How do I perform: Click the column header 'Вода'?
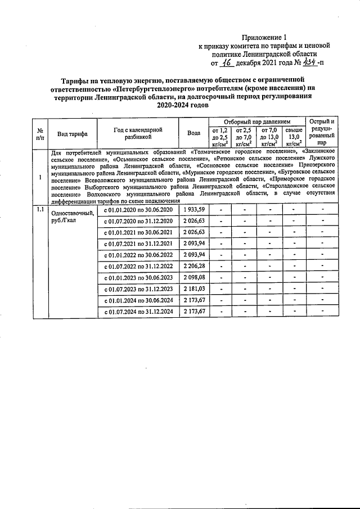[193, 133]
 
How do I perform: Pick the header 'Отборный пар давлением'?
[256, 121]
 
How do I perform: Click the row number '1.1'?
[40, 210]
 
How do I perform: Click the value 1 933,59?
[193, 210]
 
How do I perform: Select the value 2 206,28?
[193, 266]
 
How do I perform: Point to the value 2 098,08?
[193, 277]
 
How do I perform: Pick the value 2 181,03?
[193, 289]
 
